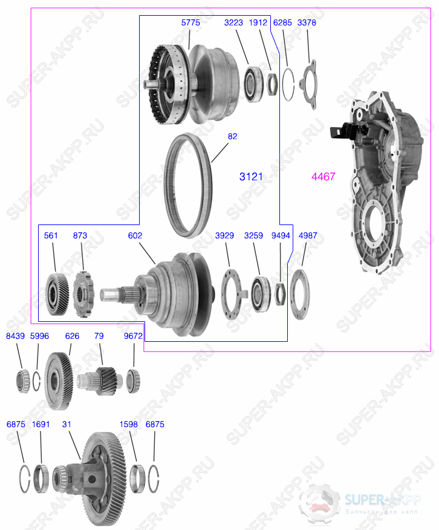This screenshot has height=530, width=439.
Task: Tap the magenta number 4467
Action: [x=323, y=177]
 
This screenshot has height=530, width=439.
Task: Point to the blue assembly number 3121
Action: [x=251, y=177]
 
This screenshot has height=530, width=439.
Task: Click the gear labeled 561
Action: [x=56, y=294]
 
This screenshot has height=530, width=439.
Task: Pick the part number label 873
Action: [x=80, y=235]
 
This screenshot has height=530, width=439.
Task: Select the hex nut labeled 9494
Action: [x=280, y=293]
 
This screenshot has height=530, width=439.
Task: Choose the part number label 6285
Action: [x=282, y=22]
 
